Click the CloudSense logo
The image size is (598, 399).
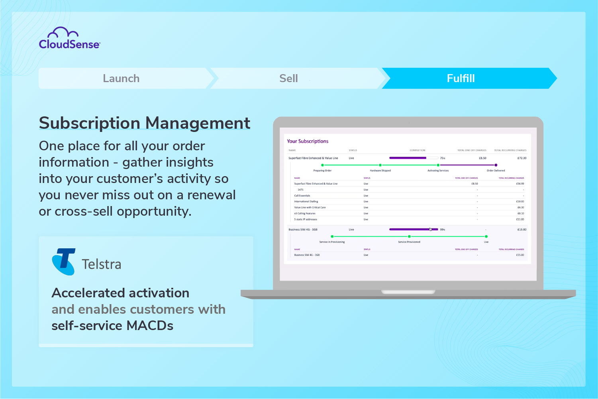coord(69,39)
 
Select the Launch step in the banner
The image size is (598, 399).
coord(121,79)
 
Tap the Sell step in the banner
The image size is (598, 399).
coord(288,79)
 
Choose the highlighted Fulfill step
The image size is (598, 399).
coord(461,79)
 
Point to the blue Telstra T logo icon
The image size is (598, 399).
coord(64,261)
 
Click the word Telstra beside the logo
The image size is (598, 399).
coord(101,264)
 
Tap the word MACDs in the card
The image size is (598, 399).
coord(150,326)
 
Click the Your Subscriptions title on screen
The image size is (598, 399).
coord(308,141)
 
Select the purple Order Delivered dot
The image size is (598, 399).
coord(496,165)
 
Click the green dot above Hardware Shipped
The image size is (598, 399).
coord(380,165)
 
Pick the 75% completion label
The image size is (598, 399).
coord(443,158)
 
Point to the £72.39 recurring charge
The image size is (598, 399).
coord(522,158)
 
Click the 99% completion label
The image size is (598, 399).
coord(443,230)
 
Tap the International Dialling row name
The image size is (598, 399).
coord(306,202)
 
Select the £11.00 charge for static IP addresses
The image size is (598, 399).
coord(520,219)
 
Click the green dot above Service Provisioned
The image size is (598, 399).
coord(409,236)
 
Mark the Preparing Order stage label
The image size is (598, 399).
coord(322,171)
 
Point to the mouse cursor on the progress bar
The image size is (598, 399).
coord(430,229)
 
